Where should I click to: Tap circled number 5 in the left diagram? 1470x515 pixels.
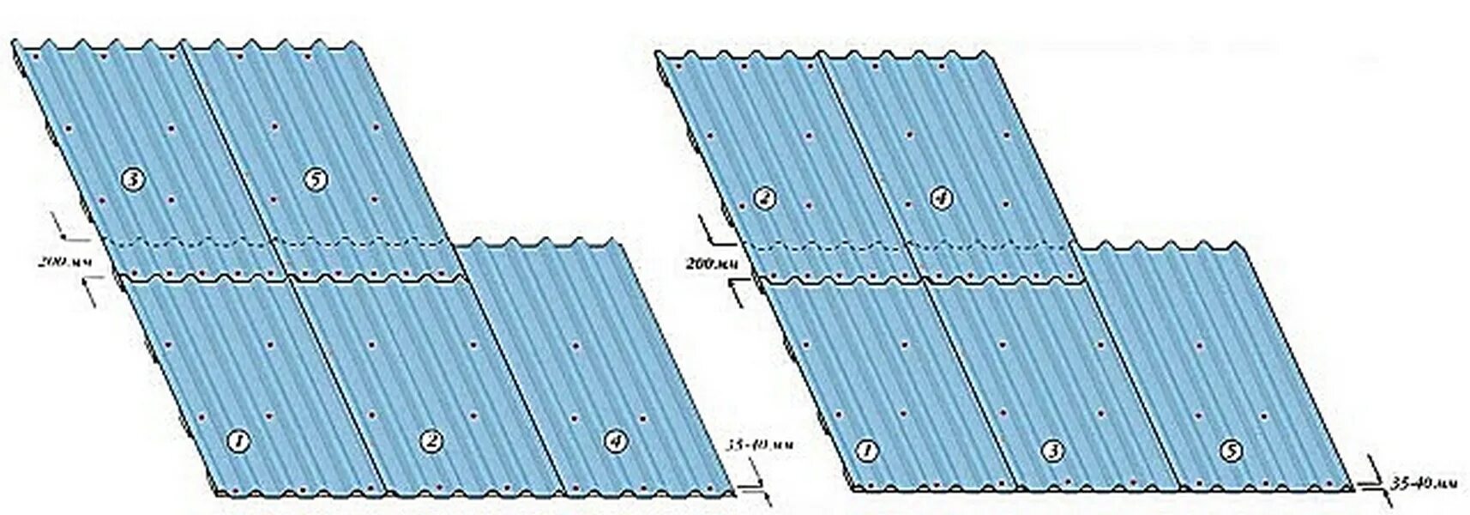(x=316, y=179)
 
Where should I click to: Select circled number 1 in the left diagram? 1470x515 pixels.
(x=238, y=441)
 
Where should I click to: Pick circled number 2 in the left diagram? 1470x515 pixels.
(x=431, y=441)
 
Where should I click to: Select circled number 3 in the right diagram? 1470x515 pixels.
(x=1052, y=450)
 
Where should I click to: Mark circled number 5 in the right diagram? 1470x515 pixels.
(x=1232, y=450)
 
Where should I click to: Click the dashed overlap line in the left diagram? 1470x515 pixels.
(x=283, y=242)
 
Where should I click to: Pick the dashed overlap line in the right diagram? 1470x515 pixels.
(x=909, y=245)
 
